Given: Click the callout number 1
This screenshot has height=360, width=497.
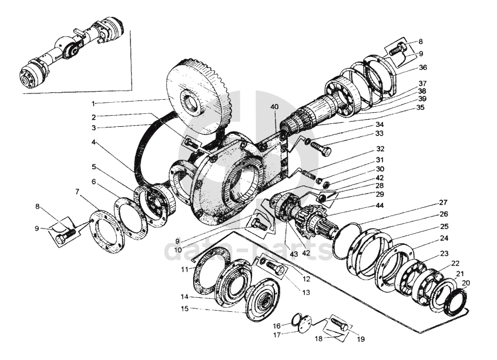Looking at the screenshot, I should (93, 103).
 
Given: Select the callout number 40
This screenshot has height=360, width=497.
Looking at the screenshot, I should (275, 107).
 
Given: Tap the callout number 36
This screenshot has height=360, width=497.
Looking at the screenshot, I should (422, 68).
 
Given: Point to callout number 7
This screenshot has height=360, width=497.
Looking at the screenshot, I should (77, 192).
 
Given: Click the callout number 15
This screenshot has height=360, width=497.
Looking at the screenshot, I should (184, 308).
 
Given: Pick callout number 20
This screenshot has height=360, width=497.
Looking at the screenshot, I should (466, 282).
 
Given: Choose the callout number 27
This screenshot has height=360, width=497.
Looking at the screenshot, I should (443, 203).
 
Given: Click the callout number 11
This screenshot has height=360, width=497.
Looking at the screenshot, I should (184, 269).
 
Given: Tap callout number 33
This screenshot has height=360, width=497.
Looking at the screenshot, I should (380, 134).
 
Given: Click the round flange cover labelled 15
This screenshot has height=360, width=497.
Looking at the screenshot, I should (262, 302).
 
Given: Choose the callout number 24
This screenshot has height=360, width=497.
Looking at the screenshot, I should (444, 238).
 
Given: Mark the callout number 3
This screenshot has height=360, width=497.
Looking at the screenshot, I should (93, 127).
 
